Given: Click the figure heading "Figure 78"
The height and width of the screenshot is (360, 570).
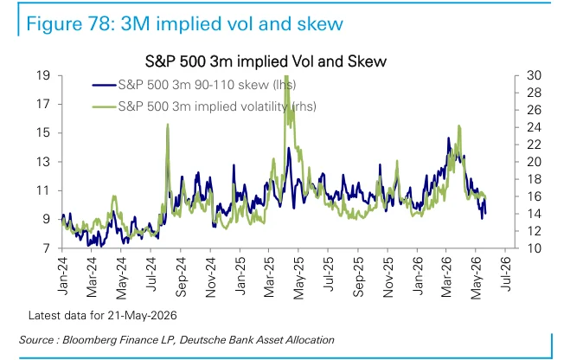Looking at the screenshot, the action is pyautogui.click(x=68, y=23).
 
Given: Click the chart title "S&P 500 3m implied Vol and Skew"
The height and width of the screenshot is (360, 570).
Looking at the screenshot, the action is pyautogui.click(x=266, y=61).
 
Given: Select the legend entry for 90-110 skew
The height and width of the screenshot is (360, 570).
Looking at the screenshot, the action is pyautogui.click(x=194, y=85).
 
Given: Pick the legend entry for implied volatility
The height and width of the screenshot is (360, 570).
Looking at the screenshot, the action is pyautogui.click(x=204, y=106).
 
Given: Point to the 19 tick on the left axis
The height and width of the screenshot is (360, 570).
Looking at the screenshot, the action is pyautogui.click(x=43, y=75).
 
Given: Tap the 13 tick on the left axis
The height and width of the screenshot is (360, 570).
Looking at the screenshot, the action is pyautogui.click(x=43, y=162).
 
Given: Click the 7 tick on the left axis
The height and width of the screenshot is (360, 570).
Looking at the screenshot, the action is pyautogui.click(x=46, y=248).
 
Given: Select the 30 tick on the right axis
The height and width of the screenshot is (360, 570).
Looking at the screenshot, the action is pyautogui.click(x=534, y=75).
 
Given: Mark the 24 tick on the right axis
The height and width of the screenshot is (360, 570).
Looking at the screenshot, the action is pyautogui.click(x=534, y=127).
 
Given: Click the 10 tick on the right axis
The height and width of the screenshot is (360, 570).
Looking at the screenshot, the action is pyautogui.click(x=534, y=248).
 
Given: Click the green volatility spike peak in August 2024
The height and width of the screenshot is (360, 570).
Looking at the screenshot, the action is pyautogui.click(x=168, y=125).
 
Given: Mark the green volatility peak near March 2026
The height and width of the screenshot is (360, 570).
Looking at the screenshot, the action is pyautogui.click(x=459, y=126).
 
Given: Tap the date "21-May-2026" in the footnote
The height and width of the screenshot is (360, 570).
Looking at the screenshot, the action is pyautogui.click(x=142, y=315).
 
